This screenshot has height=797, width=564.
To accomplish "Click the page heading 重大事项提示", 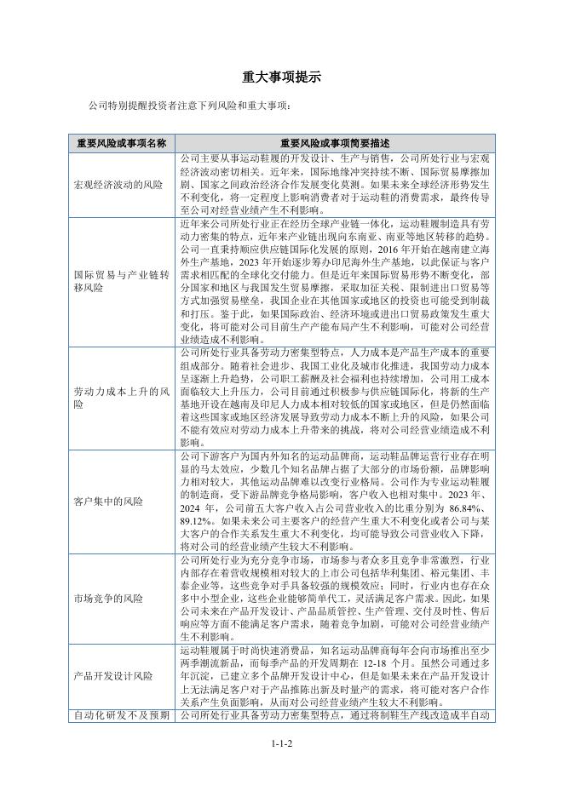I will click(x=281, y=77).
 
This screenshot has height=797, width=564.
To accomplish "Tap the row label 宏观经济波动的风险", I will click(x=118, y=184).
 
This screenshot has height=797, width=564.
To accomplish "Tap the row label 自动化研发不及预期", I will click(x=122, y=715).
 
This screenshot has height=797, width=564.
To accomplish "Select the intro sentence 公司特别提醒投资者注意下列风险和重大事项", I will click(x=190, y=106).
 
